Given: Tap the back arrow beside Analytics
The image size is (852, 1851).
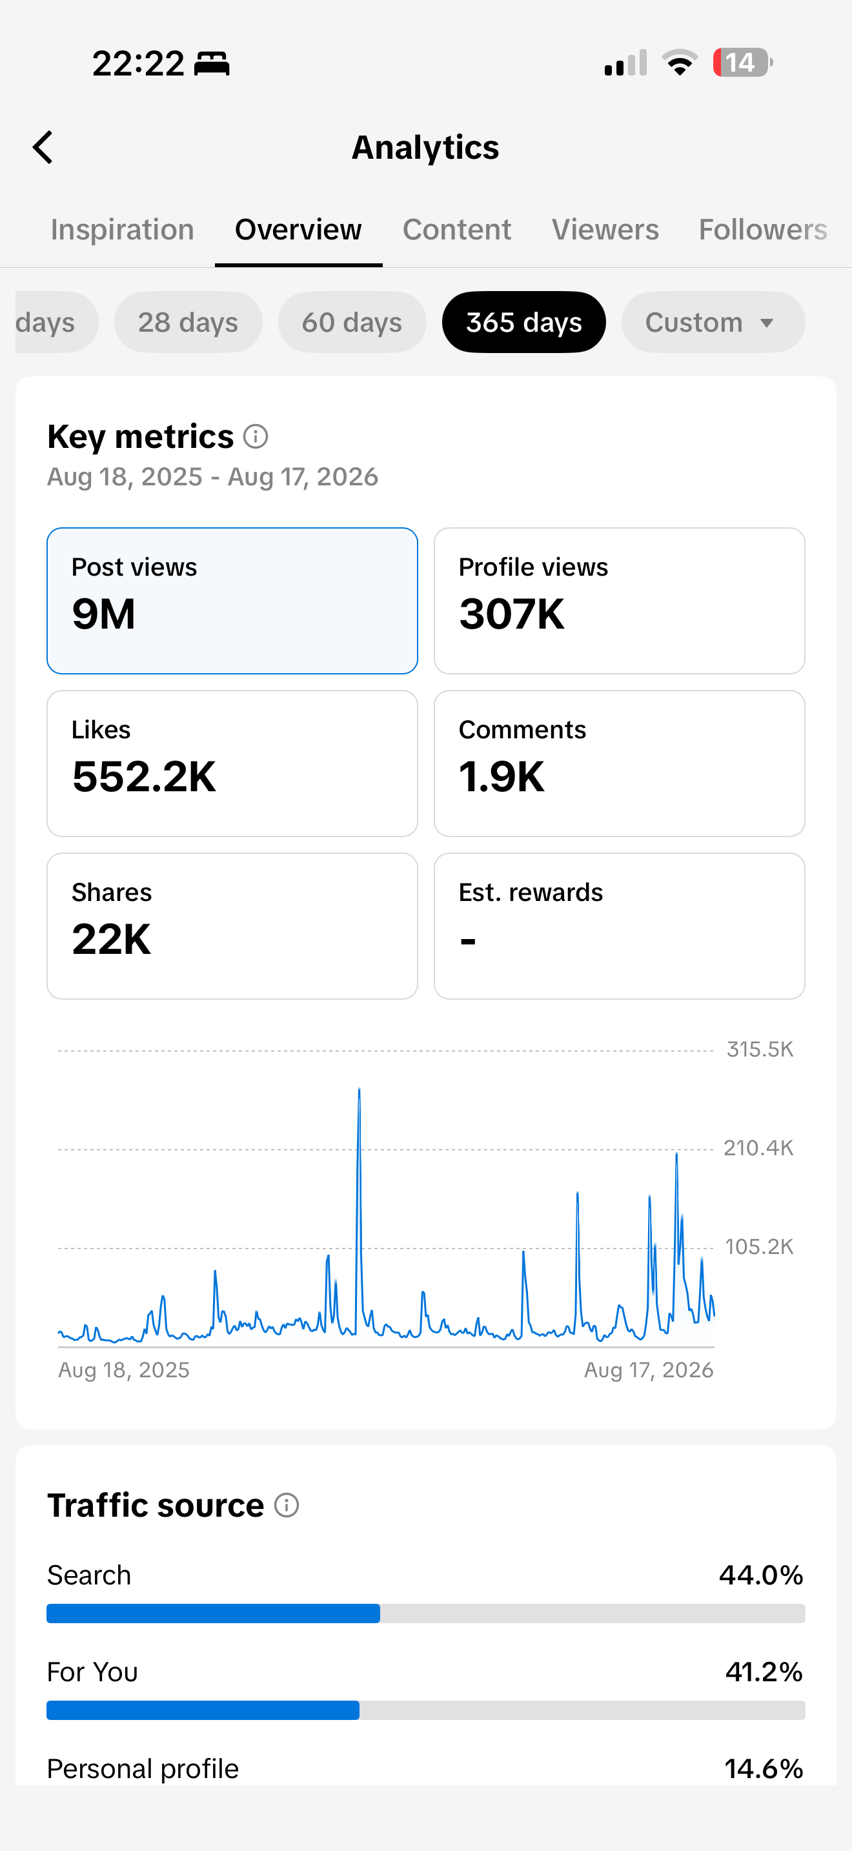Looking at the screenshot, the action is [x=43, y=147].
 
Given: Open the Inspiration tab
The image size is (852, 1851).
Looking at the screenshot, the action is [x=122, y=230].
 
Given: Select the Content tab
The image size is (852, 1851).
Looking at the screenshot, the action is [x=457, y=230].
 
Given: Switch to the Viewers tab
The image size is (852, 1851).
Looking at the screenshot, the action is [x=605, y=230].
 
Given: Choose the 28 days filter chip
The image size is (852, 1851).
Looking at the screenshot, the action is [x=188, y=322].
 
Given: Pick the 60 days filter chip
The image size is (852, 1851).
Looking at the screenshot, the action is [x=352, y=322].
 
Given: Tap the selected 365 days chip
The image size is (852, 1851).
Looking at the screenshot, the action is [x=523, y=322].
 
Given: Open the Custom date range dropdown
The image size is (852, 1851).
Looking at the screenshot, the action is [x=713, y=322].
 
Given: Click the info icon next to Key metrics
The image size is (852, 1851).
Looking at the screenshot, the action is [x=256, y=436].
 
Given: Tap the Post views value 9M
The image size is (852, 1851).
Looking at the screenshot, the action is [x=103, y=614].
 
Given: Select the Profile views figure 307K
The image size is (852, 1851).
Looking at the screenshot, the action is [x=511, y=614].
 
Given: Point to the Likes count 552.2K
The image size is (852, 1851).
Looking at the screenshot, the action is [x=144, y=777].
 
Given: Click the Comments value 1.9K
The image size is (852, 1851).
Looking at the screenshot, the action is [x=502, y=777].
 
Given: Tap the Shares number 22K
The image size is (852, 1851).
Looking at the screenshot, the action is [x=112, y=939].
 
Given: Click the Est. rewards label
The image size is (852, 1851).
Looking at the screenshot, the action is [x=531, y=893].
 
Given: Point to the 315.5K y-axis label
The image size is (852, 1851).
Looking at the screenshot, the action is [x=760, y=1050].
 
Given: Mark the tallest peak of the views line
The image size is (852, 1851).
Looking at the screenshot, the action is [x=359, y=1089].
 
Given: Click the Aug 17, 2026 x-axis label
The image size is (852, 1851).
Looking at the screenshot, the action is [x=649, y=1370].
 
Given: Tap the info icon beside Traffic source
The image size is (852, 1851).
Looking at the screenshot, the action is [x=287, y=1504].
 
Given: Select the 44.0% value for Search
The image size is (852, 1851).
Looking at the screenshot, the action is [x=761, y=1575].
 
